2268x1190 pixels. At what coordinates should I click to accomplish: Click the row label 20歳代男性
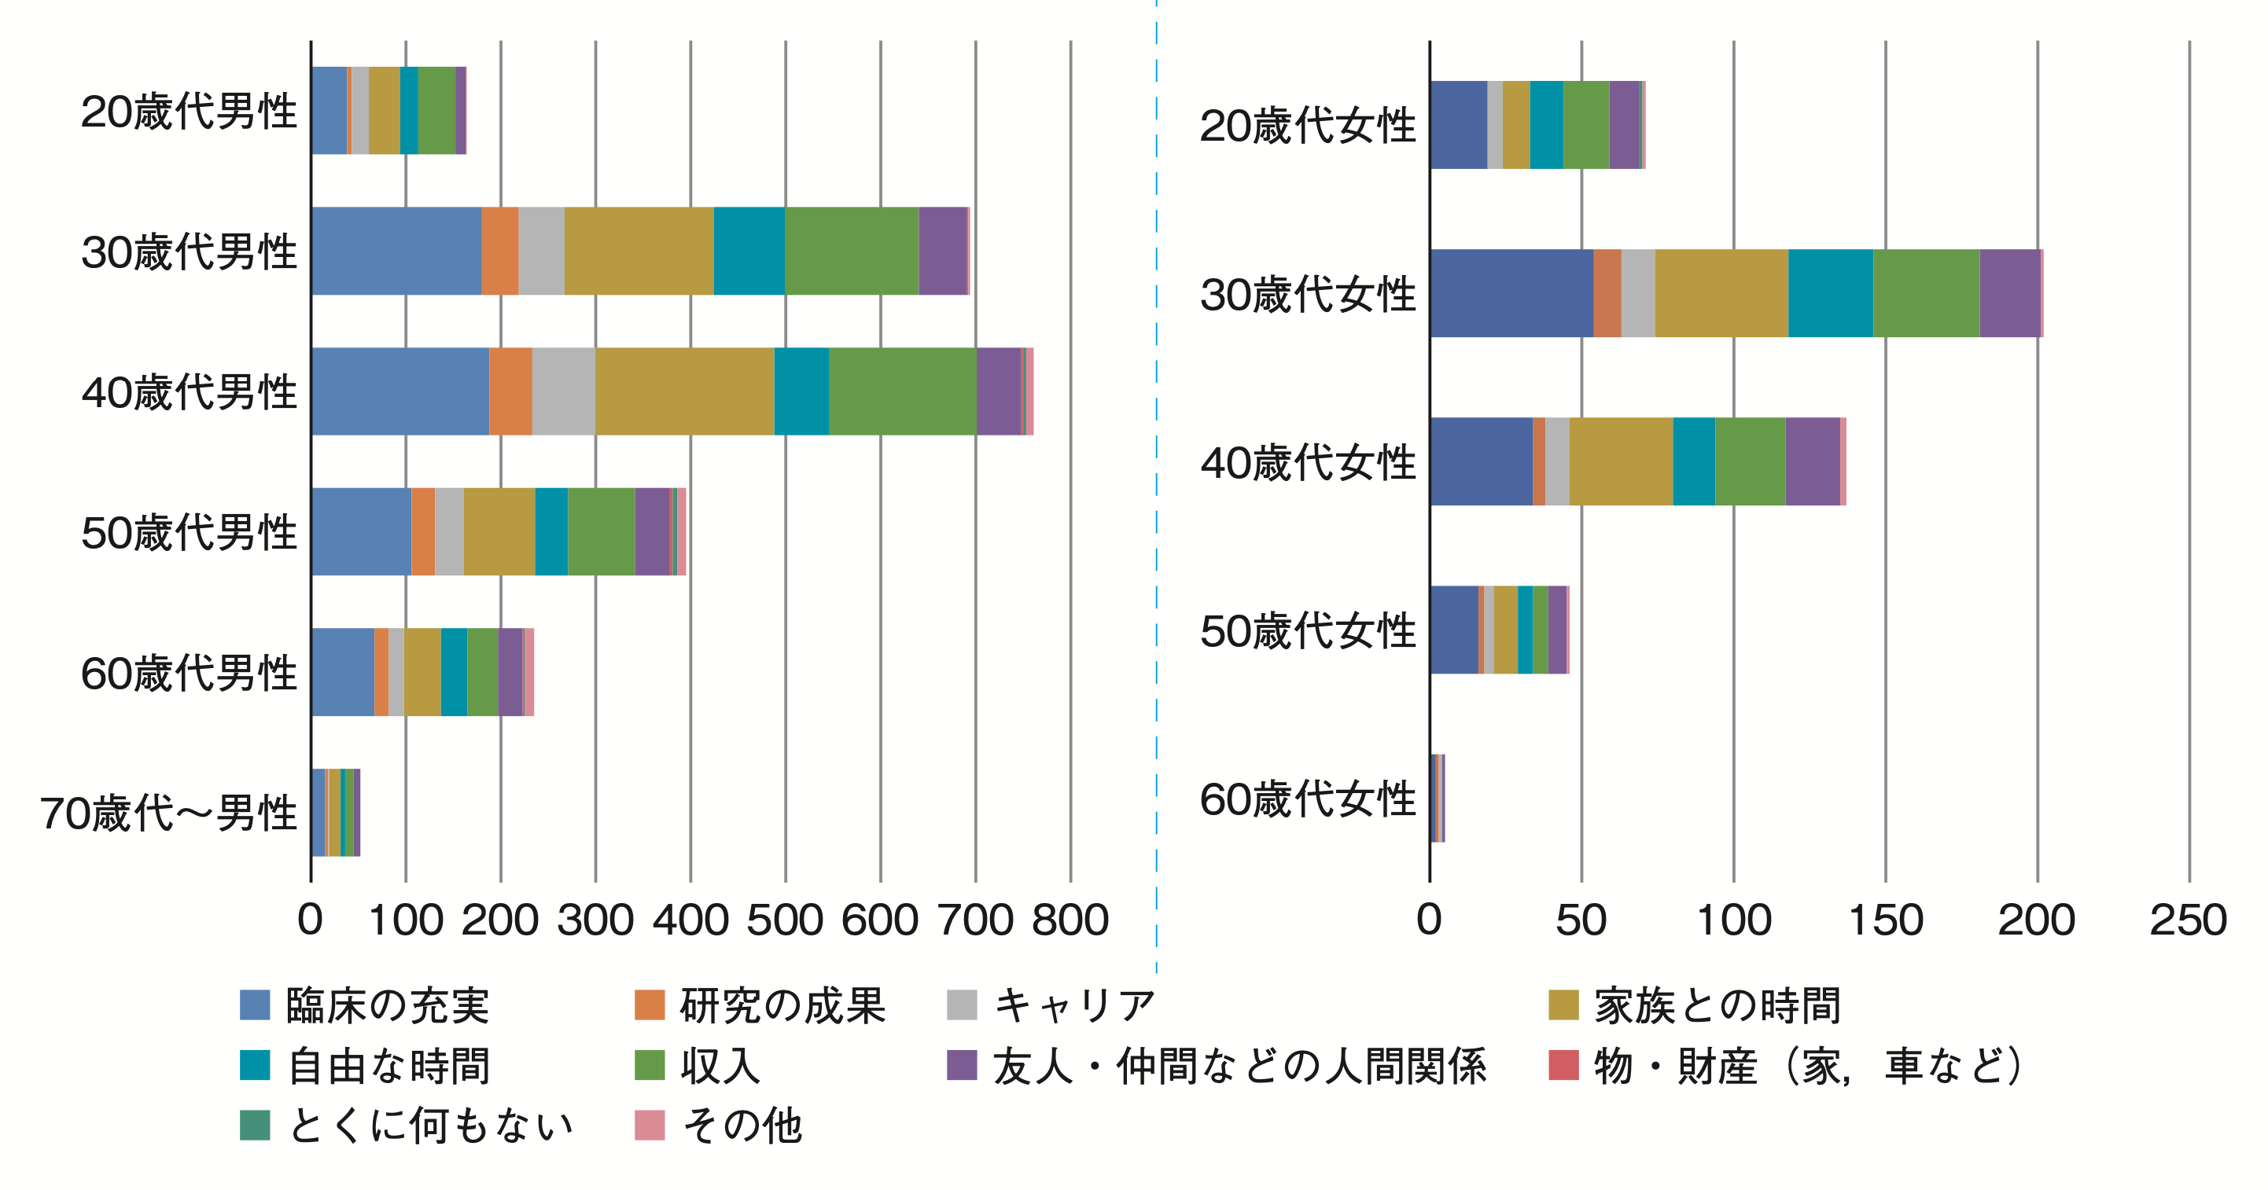[189, 112]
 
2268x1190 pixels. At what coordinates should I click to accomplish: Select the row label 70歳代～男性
[168, 813]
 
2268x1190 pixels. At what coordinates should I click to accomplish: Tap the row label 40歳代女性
[1308, 463]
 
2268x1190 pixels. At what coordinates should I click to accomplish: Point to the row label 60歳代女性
[1308, 799]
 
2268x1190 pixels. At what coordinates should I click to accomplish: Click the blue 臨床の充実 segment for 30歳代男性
[396, 251]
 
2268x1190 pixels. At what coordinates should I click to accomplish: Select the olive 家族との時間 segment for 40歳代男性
[685, 391]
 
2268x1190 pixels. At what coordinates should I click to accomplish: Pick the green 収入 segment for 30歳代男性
[852, 251]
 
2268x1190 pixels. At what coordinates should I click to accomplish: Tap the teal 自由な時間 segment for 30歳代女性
[1831, 293]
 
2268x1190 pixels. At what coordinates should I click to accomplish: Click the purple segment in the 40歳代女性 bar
[1812, 461]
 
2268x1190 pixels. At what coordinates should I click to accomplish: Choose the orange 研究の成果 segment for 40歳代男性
[510, 391]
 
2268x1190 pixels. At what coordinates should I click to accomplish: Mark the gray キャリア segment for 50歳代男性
[449, 531]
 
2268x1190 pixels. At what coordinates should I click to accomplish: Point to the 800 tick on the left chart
[1070, 920]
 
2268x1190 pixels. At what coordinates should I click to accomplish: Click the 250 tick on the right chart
[2188, 920]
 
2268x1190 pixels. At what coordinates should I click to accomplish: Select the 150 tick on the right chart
[1885, 920]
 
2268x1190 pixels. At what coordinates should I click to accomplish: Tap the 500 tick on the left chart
[785, 920]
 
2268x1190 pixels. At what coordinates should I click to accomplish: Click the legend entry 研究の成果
[782, 1005]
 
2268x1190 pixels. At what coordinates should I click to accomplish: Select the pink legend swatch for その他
[650, 1125]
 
